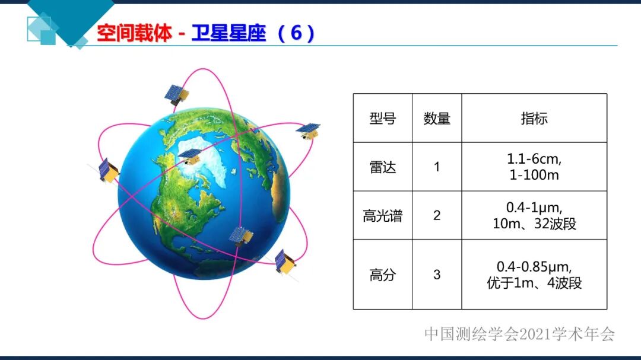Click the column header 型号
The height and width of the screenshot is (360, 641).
[x=382, y=118]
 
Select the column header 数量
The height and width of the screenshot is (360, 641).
[x=437, y=118]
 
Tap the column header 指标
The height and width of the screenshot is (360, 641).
[x=534, y=118]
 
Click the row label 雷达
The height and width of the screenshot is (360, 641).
[x=382, y=167]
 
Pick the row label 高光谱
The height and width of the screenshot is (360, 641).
[x=382, y=216]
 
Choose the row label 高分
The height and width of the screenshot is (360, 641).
[x=382, y=275]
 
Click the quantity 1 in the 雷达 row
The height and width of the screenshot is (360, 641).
[x=437, y=167]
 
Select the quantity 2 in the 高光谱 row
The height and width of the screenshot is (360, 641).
[x=437, y=215]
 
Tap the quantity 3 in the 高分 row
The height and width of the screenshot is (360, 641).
[x=437, y=275]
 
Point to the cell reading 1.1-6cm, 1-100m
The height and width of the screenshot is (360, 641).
[x=534, y=167]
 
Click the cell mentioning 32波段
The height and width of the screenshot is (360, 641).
[x=534, y=216]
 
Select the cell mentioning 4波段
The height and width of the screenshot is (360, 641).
[x=534, y=275]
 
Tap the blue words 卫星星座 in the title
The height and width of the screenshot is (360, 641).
[x=229, y=34]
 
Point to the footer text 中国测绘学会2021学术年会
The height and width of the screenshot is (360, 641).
[x=519, y=334]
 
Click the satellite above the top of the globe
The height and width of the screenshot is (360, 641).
[x=176, y=94]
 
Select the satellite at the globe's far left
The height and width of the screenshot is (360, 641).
[x=108, y=170]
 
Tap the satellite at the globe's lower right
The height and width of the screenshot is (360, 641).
[x=285, y=261]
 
